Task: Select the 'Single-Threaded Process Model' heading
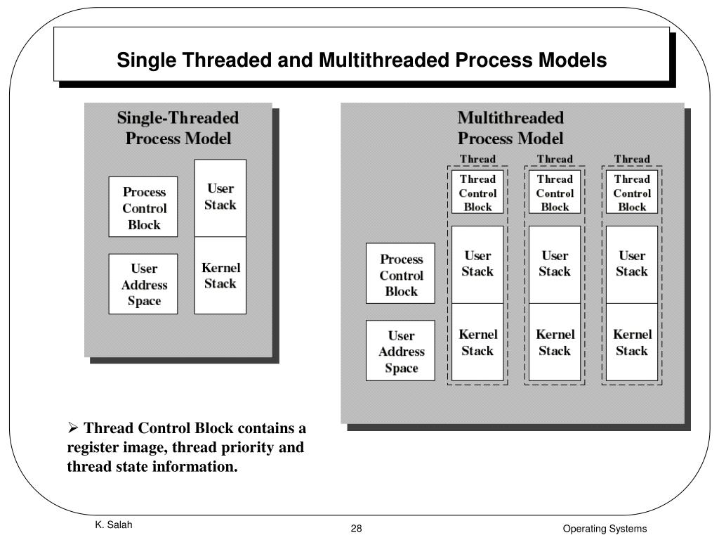click(178, 128)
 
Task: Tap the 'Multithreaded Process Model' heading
click(510, 128)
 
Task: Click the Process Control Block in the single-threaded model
click(143, 208)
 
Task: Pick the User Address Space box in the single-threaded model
click(143, 285)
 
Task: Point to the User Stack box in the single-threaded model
click(220, 197)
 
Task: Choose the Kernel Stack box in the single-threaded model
click(220, 276)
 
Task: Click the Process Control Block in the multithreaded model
click(400, 274)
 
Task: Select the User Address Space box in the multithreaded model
click(400, 352)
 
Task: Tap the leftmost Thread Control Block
click(477, 193)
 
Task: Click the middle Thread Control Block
click(555, 193)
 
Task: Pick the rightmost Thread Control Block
click(632, 193)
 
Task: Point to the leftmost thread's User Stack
click(477, 264)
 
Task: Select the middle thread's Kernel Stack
click(555, 342)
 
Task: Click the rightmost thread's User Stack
click(632, 264)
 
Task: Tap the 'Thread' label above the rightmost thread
click(632, 159)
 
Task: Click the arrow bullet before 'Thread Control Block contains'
click(72, 429)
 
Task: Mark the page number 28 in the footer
click(356, 529)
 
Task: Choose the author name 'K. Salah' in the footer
click(113, 526)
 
